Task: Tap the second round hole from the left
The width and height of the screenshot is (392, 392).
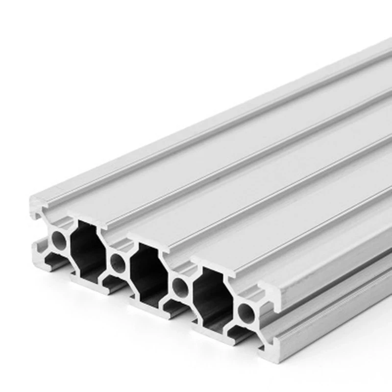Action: (118, 263)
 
